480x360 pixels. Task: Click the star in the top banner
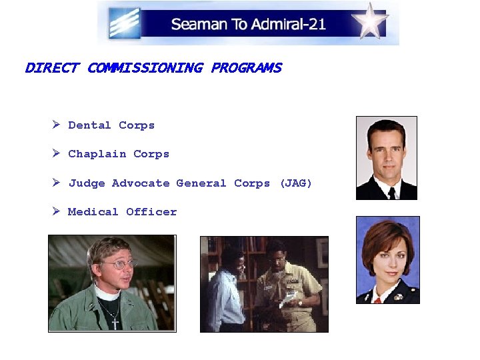371,21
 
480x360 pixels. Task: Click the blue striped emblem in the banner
125,23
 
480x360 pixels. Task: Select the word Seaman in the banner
197,25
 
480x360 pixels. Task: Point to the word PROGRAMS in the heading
246,68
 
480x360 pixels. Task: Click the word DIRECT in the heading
51,68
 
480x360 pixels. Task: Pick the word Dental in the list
89,125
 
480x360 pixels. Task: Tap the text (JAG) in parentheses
295,183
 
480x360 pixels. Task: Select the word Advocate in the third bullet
141,183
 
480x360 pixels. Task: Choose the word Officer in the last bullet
151,212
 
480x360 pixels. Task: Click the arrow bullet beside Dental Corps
57,125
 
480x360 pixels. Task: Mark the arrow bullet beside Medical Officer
57,211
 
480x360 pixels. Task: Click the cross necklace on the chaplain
115,323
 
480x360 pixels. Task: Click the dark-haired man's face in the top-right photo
387,153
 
